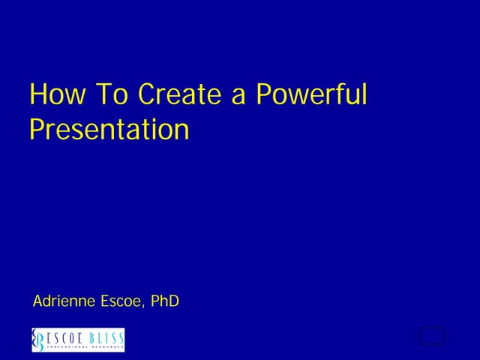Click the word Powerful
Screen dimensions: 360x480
(311, 96)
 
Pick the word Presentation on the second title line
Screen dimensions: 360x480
(109, 129)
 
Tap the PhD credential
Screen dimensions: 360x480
(165, 301)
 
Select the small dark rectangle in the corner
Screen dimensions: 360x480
(431, 337)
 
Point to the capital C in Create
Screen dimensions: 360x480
(147, 94)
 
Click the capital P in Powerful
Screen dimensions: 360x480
(263, 94)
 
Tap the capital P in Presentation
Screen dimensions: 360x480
(36, 129)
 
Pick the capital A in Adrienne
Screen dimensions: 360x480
(38, 301)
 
